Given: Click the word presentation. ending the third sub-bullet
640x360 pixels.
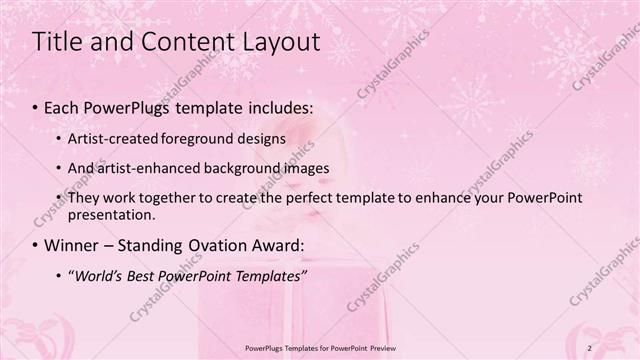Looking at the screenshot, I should [x=112, y=214].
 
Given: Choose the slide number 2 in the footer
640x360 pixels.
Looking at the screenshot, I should [x=618, y=347].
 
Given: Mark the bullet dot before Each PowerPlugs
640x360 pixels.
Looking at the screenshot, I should [x=36, y=106].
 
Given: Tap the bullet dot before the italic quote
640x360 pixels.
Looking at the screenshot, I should [x=59, y=275].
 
